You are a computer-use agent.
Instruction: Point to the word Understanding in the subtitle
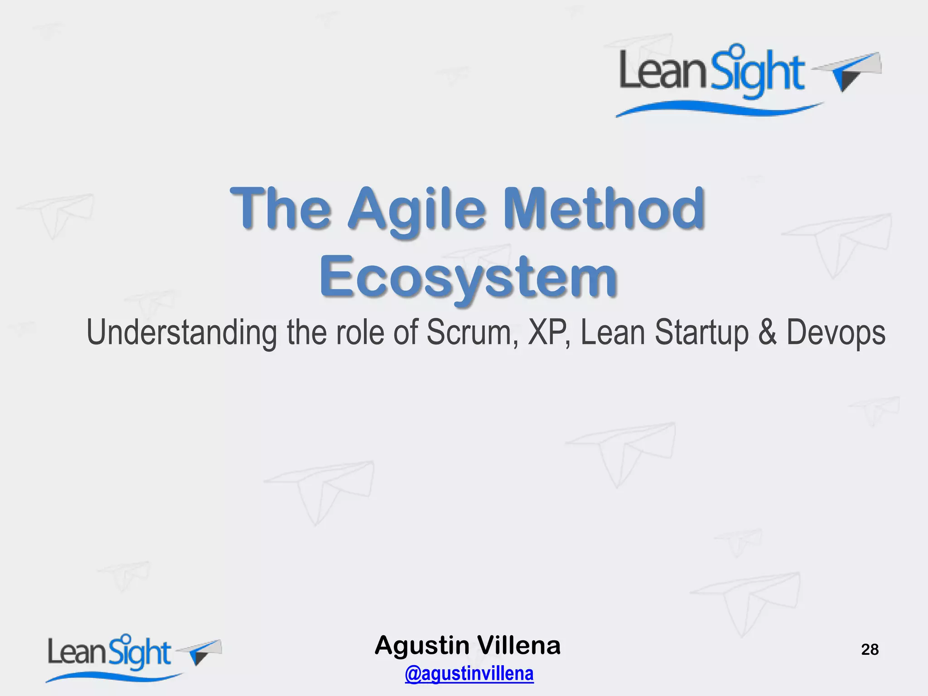coord(181,333)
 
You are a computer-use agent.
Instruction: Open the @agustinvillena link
coord(469,673)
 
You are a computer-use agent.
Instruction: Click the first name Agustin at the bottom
coord(422,646)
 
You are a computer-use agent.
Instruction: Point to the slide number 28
coord(870,650)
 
